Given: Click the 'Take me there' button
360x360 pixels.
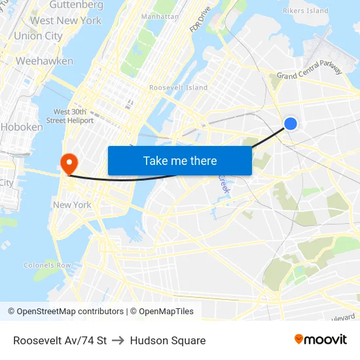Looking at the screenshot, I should pyautogui.click(x=180, y=161).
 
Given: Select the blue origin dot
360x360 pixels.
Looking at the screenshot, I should pyautogui.click(x=291, y=123).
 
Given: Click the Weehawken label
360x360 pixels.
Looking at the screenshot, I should pyautogui.click(x=44, y=61).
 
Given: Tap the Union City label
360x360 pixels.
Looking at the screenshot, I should pyautogui.click(x=38, y=36).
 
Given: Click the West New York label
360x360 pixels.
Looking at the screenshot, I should pyautogui.click(x=65, y=20).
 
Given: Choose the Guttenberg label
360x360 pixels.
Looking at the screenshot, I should pyautogui.click(x=76, y=5).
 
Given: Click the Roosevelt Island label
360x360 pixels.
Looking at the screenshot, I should pyautogui.click(x=178, y=88).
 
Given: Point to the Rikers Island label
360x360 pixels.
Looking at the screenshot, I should pyautogui.click(x=305, y=11).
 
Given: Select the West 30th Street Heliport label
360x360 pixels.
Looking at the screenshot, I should pyautogui.click(x=71, y=116).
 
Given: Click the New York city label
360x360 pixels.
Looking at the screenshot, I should pyautogui.click(x=72, y=205).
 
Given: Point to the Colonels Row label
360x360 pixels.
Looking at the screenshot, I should pyautogui.click(x=47, y=266).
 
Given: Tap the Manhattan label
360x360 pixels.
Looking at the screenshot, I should pyautogui.click(x=160, y=16).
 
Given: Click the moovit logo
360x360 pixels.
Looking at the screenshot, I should pyautogui.click(x=320, y=340).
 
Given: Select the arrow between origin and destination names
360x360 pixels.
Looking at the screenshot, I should pyautogui.click(x=118, y=340).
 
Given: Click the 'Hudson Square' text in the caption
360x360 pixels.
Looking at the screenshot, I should pyautogui.click(x=168, y=340).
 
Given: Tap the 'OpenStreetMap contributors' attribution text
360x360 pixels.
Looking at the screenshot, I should pyautogui.click(x=70, y=312).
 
